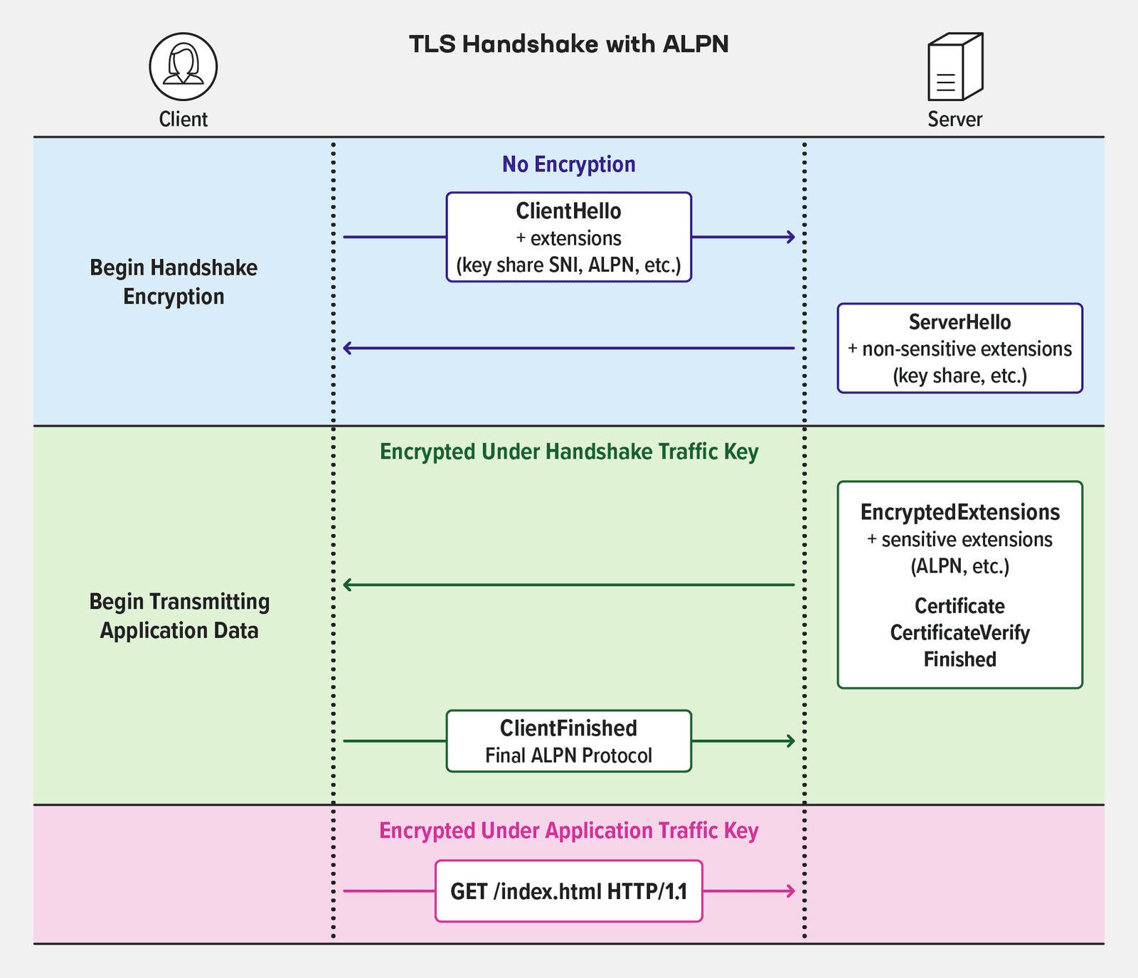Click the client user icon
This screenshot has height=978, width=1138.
click(x=183, y=66)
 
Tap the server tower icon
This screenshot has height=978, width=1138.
click(x=954, y=67)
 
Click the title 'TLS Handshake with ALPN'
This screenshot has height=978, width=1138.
click(x=568, y=44)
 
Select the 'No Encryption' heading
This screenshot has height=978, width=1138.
click(x=568, y=164)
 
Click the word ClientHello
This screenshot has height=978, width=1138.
click(x=568, y=211)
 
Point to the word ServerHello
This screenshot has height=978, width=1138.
click(x=959, y=322)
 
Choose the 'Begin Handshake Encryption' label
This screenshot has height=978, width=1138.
click(x=174, y=282)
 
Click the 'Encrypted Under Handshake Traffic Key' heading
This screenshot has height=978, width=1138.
click(x=568, y=452)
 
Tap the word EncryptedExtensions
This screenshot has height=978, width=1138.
click(x=959, y=512)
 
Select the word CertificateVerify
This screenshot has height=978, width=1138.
click(x=959, y=633)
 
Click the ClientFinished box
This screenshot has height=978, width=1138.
click(x=568, y=740)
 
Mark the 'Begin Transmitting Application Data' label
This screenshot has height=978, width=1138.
click(x=179, y=616)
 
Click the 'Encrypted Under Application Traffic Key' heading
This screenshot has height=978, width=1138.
click(x=568, y=831)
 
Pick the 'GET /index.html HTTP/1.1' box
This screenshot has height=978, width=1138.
click(x=568, y=891)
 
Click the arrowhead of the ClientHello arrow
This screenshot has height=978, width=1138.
click(x=792, y=237)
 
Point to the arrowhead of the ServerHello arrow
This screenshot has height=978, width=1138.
click(x=346, y=349)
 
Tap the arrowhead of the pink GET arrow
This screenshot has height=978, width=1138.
click(x=792, y=891)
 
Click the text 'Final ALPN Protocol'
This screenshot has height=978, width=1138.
click(x=568, y=755)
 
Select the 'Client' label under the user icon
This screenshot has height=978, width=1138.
click(x=183, y=119)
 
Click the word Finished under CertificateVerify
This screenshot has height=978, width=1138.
click(x=959, y=659)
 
